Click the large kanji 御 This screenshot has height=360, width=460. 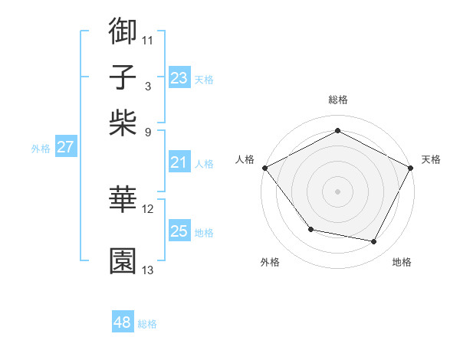pyautogui.click(x=123, y=31)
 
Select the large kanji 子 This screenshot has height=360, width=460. pyautogui.click(x=123, y=77)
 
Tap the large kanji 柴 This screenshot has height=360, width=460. pyautogui.click(x=123, y=123)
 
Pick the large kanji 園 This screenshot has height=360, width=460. pyautogui.click(x=123, y=261)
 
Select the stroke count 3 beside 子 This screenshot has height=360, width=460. pyautogui.click(x=147, y=87)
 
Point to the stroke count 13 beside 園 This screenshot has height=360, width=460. pyautogui.click(x=148, y=270)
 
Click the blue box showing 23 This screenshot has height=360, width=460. pyautogui.click(x=179, y=78)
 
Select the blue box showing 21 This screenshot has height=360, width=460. pyautogui.click(x=179, y=162)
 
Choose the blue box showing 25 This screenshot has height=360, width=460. pyautogui.click(x=179, y=231)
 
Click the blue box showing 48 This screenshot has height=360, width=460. pyautogui.click(x=122, y=323)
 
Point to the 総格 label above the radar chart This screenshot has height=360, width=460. pyautogui.click(x=337, y=100)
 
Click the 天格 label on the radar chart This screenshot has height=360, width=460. pyautogui.click(x=431, y=159)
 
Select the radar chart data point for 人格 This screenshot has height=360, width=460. pyautogui.click(x=264, y=167)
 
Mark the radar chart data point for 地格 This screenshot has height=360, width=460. pyautogui.click(x=374, y=242)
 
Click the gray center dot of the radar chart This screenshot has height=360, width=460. pyautogui.click(x=337, y=191)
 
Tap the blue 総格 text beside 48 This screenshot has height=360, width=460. pyautogui.click(x=147, y=324)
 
